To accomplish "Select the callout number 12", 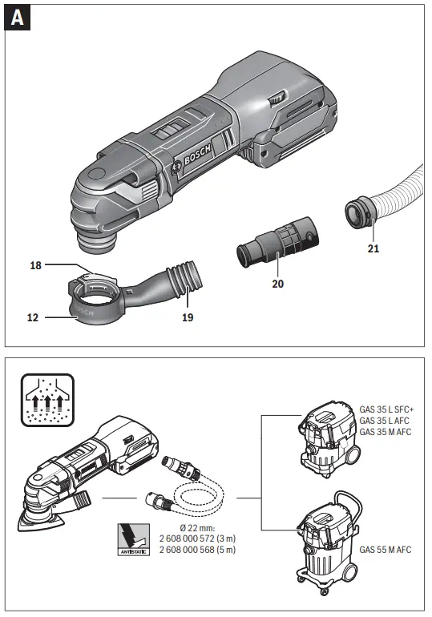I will (x=34, y=317).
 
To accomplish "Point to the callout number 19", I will (x=187, y=317).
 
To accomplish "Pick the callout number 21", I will (x=372, y=249).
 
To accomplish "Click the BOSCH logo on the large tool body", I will (x=196, y=152).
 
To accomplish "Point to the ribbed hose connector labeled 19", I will (x=183, y=280).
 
